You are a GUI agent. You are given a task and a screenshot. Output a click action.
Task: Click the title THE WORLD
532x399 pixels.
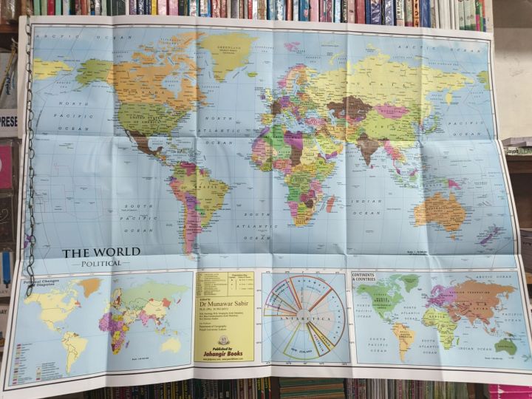pos(100,253)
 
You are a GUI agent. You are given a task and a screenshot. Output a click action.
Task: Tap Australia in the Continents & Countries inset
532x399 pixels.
pos(507,344)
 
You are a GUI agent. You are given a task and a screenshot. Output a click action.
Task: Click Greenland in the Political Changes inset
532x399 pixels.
pos(90,286)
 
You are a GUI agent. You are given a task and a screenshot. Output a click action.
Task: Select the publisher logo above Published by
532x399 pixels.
pos(224,341)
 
